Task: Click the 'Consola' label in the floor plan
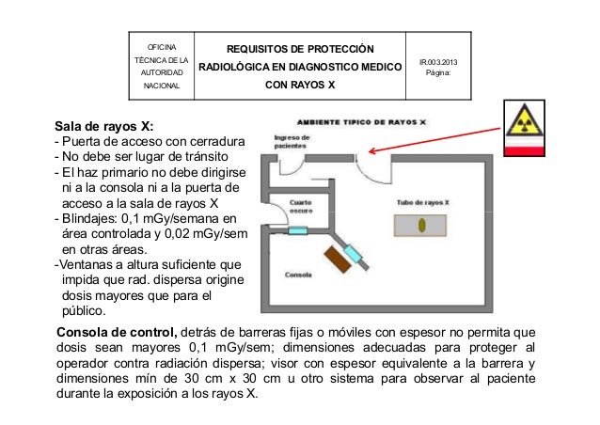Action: (x=299, y=275)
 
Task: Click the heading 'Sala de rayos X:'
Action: (x=104, y=125)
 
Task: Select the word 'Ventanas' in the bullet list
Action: (x=87, y=264)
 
